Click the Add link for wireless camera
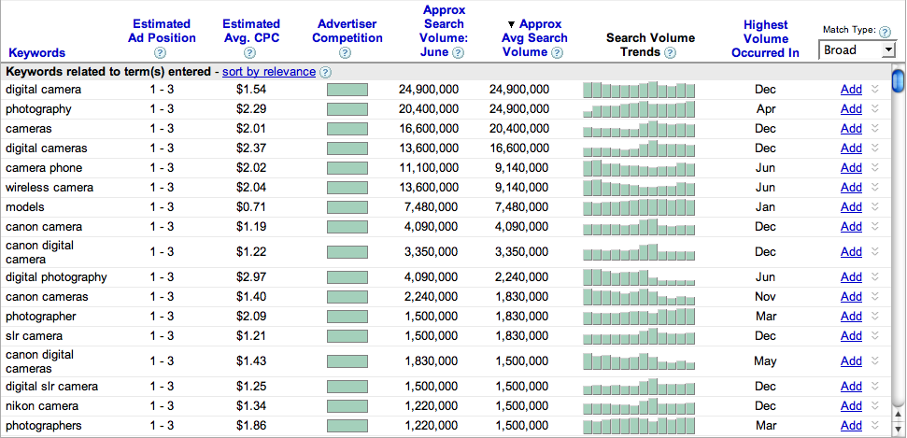(851, 188)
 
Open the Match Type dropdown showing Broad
(857, 49)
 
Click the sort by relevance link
(268, 72)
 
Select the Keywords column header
(36, 53)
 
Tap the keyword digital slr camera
(51, 387)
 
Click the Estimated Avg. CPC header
(251, 31)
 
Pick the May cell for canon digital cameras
(765, 360)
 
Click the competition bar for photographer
(347, 317)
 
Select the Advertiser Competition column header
(347, 31)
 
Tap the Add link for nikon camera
(851, 406)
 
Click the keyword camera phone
(44, 168)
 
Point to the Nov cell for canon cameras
(765, 297)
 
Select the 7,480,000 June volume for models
(428, 207)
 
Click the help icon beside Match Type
(885, 32)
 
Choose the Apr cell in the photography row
(765, 109)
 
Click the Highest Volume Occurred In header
(765, 38)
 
